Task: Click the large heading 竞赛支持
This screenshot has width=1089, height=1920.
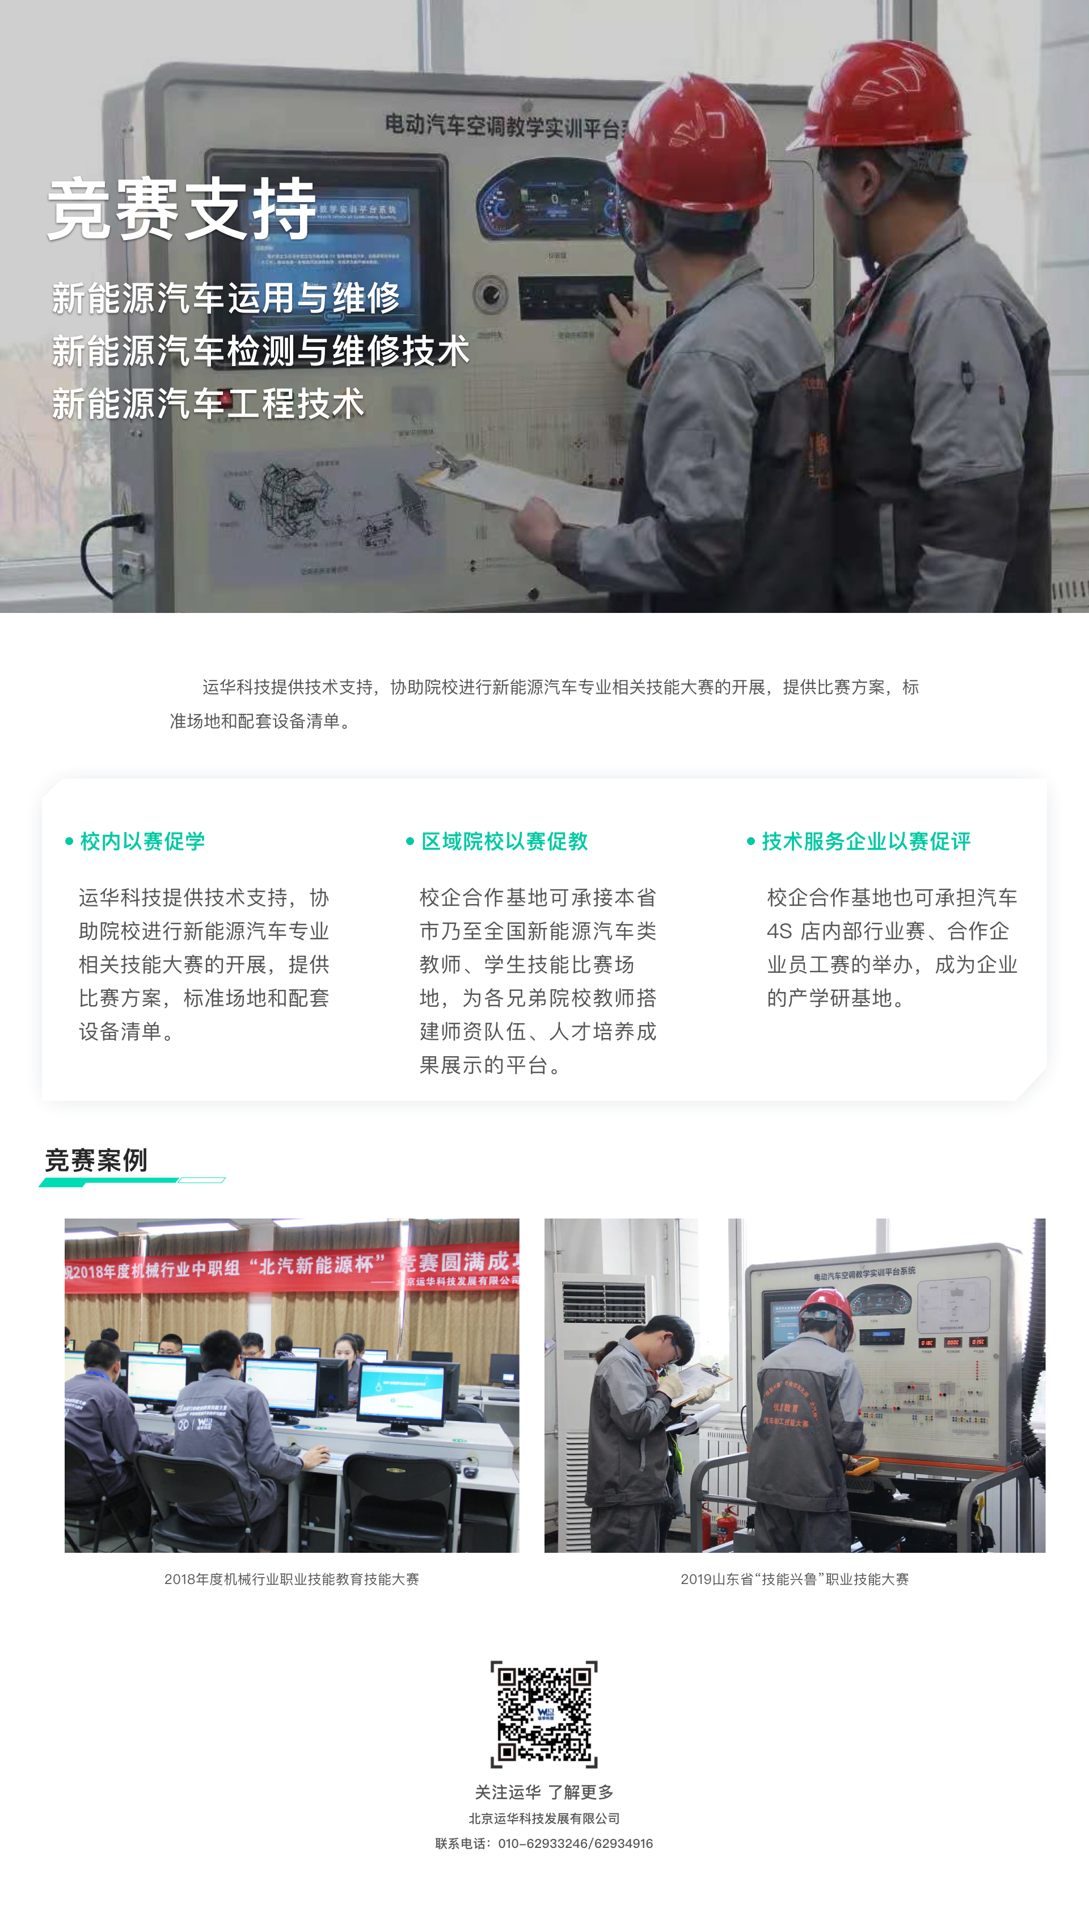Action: (x=181, y=209)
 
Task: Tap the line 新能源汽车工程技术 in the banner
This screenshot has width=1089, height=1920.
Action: (x=208, y=404)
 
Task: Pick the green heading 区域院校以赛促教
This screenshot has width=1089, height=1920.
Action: (x=504, y=842)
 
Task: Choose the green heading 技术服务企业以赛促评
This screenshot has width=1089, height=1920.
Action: (x=866, y=842)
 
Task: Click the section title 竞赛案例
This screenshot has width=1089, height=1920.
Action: (x=96, y=1161)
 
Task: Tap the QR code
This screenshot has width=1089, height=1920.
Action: (x=544, y=1713)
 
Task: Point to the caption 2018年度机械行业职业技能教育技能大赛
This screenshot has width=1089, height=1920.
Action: (x=292, y=1579)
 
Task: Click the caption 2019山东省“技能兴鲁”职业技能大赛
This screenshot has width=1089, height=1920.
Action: (x=794, y=1579)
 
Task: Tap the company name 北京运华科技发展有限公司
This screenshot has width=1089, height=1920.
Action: (x=544, y=1818)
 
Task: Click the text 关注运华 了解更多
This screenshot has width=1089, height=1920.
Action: (x=544, y=1792)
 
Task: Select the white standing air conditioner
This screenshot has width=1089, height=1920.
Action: (x=598, y=1384)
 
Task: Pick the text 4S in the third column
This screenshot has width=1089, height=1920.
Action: (x=779, y=931)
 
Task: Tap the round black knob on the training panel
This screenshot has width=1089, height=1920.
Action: (x=490, y=293)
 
